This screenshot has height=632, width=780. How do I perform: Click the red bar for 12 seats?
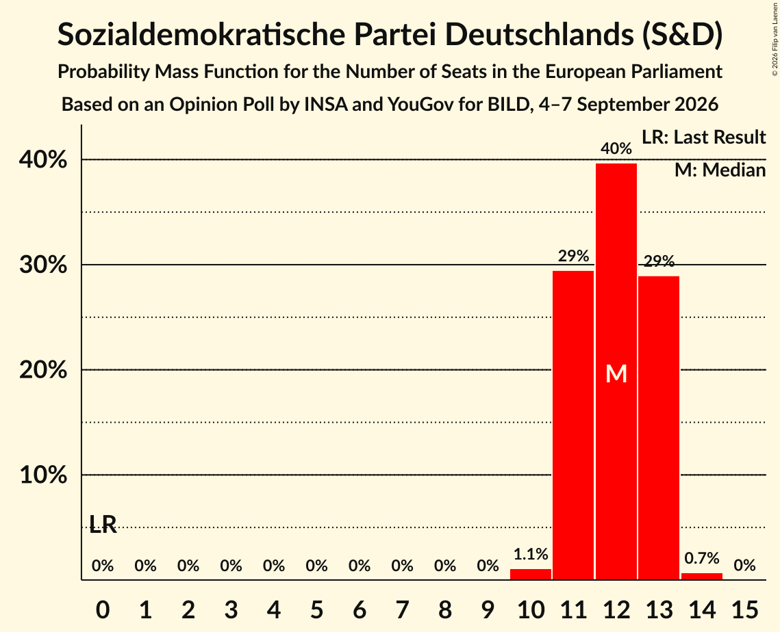pos(616,371)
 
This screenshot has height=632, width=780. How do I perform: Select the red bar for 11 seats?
pos(573,425)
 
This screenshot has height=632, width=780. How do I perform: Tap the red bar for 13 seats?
pos(659,427)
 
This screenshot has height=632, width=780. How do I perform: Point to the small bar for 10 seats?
pos(530,574)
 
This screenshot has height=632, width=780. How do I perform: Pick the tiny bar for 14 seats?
pos(701,577)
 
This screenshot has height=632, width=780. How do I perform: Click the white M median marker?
pos(616,373)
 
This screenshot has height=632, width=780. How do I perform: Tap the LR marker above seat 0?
pos(103,524)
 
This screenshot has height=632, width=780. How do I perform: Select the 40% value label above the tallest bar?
pos(616,148)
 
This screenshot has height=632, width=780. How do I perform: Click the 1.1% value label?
pos(530,554)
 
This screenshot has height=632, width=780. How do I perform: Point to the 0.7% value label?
pos(701,558)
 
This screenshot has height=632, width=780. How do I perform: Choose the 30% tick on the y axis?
pos(43,265)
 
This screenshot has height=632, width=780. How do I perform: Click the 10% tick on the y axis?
pos(43,475)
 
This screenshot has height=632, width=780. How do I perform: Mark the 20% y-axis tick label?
pos(43,370)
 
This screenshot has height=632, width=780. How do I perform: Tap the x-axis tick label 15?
pos(744,609)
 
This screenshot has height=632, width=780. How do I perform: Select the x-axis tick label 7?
pos(402,609)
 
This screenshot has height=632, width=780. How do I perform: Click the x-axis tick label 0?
pos(103,609)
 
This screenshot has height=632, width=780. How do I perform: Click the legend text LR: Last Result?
pos(703,137)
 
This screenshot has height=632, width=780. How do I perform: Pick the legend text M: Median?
pos(720,170)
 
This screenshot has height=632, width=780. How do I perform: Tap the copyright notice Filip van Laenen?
pos(775,39)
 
